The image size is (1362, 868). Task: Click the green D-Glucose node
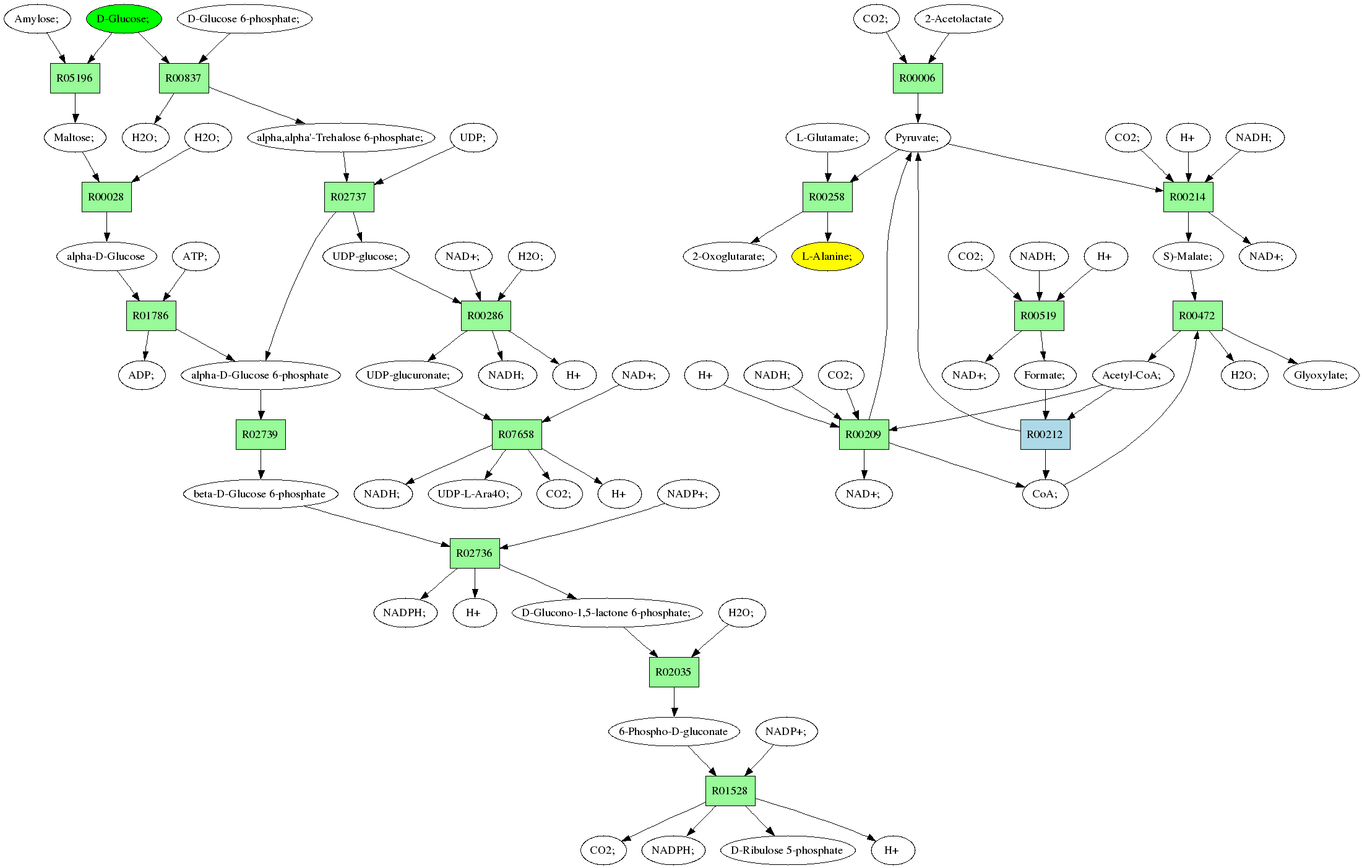point(124,19)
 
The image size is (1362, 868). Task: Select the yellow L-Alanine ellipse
point(827,256)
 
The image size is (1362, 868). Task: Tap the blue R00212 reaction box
point(1045,434)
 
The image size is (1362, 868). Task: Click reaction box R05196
point(75,78)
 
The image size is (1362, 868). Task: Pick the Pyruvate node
point(917,137)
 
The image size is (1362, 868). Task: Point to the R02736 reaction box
point(475,553)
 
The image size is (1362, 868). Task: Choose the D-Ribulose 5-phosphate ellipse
point(787,850)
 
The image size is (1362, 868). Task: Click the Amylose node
point(37,19)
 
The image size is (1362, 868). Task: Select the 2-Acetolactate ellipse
point(959,19)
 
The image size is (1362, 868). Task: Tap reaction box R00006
point(918,78)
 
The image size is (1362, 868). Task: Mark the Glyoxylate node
point(1321,375)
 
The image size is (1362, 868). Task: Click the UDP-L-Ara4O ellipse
point(474,494)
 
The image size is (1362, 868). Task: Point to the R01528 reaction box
point(730,791)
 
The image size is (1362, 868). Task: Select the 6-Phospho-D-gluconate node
point(673,731)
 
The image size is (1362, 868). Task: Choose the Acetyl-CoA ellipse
point(1132,375)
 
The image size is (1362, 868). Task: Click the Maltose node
point(74,137)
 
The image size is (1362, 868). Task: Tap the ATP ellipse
point(196,256)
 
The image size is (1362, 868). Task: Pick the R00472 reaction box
point(1197,316)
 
